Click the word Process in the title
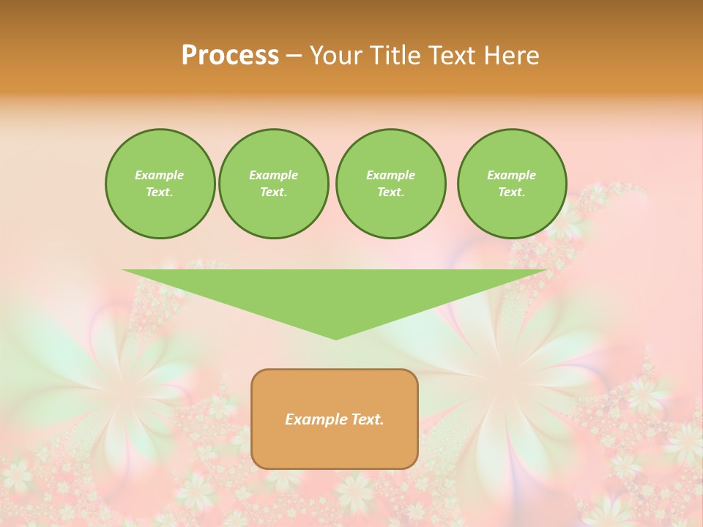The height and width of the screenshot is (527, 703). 230,56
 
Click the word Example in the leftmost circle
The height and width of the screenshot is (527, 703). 160,175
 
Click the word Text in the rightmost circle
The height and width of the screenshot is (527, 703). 510,193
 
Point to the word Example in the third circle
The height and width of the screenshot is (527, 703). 390,175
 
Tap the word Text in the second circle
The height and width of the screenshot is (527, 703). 272,193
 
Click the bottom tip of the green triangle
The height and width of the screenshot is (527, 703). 336,337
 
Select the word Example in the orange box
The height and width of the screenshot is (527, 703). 315,419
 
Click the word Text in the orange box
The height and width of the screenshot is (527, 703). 366,419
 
